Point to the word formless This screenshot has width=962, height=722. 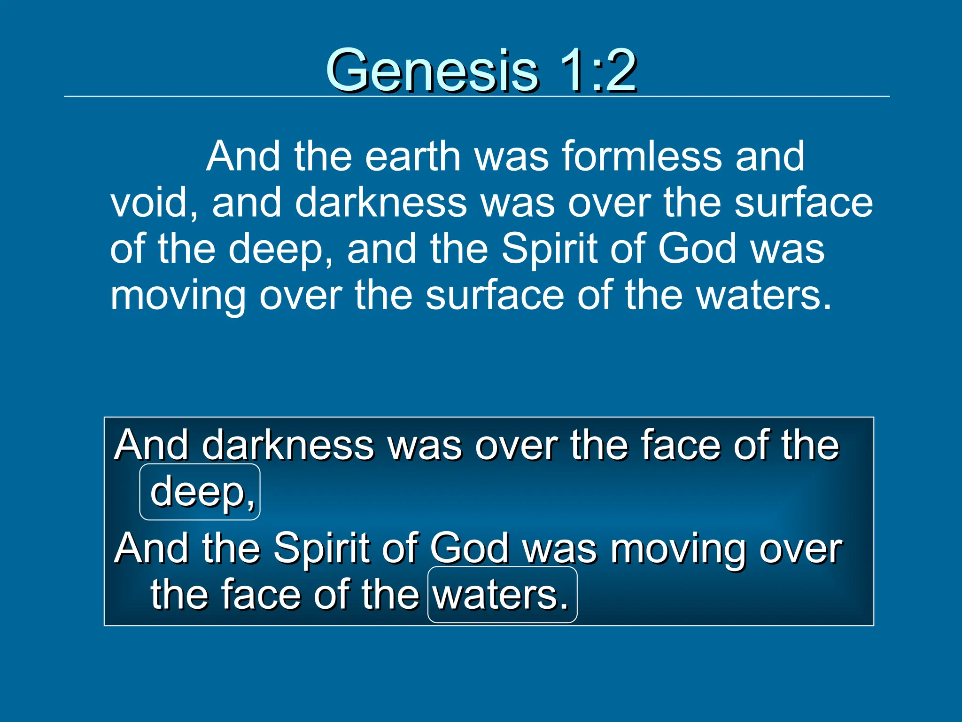pos(641,156)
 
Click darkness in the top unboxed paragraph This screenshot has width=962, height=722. pos(380,203)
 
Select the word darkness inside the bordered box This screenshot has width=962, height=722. pos(287,446)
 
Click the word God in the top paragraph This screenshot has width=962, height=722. pos(697,249)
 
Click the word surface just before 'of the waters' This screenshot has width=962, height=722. pos(495,296)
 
